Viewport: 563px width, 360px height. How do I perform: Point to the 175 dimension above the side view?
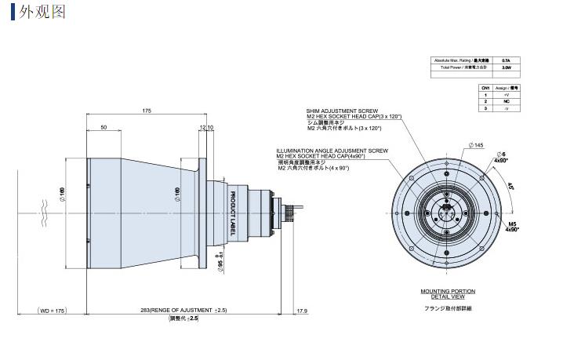pos(147,111)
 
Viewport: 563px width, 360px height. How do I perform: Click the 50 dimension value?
pos(103,127)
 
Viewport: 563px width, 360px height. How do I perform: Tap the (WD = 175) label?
pos(50,311)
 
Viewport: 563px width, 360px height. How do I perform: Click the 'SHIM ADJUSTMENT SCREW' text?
pos(339,111)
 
